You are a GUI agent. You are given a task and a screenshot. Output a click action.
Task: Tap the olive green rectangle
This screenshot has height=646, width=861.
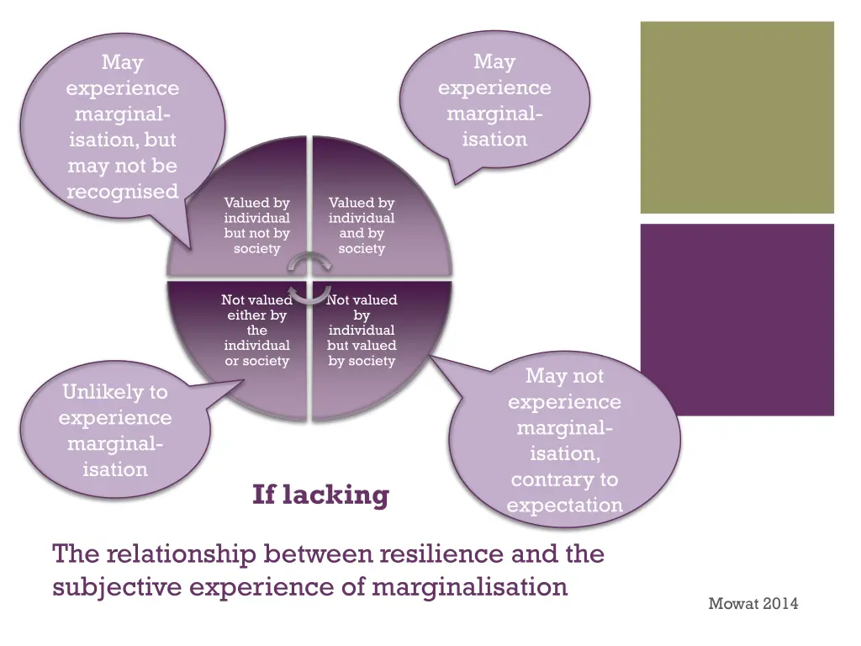[x=737, y=118]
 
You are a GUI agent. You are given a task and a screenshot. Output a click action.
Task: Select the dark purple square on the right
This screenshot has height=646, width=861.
[x=737, y=319]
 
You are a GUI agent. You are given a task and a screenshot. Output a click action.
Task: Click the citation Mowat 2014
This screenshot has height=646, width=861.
[x=753, y=603]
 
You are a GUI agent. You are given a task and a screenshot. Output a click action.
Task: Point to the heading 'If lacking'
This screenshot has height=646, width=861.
[x=320, y=495]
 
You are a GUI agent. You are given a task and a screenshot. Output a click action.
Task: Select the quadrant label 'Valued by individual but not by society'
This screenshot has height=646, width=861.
[x=256, y=225]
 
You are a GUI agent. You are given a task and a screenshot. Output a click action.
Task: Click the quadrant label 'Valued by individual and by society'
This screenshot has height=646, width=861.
[x=362, y=225]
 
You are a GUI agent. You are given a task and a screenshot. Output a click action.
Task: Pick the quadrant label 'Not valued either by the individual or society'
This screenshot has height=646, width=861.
[x=256, y=330]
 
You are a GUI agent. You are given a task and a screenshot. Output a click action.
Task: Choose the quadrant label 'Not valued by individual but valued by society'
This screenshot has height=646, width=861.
[x=362, y=330]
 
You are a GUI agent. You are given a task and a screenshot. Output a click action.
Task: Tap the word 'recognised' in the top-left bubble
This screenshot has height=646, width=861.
[x=123, y=192]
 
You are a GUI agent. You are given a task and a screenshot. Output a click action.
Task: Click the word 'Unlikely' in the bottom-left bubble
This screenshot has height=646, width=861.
[x=115, y=392]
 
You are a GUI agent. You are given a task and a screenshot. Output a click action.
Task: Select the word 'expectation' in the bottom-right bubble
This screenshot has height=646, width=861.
[x=564, y=506]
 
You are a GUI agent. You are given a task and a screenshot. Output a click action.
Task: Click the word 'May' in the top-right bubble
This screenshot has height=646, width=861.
[x=494, y=61]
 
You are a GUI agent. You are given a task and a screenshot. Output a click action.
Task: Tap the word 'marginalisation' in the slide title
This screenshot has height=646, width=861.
[x=469, y=586]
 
